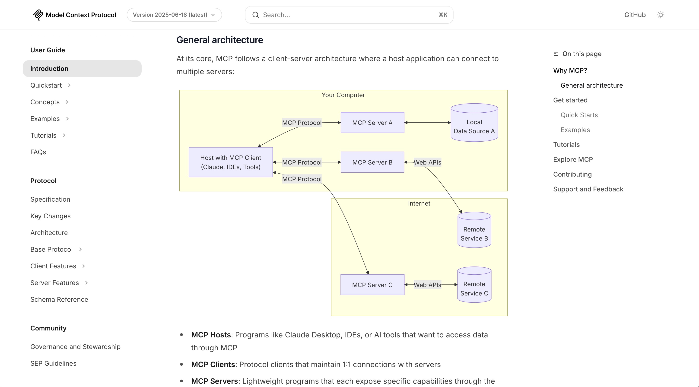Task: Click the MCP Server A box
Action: (372, 123)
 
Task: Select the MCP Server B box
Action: (372, 162)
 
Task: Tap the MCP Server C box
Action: (372, 285)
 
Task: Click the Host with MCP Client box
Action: (231, 162)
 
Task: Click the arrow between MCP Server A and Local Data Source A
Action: (427, 123)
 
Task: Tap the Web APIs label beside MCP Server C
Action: (427, 285)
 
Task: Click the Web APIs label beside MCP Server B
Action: (427, 162)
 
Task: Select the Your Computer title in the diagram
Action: (343, 95)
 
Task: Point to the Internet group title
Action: (419, 203)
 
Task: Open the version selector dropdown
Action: (174, 15)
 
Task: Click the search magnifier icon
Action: (256, 15)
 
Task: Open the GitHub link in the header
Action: (635, 15)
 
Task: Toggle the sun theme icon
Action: (661, 15)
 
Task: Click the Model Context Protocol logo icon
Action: (38, 15)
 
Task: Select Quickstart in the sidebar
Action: (46, 86)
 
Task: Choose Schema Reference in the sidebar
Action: (59, 299)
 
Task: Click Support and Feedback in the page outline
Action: (588, 189)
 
